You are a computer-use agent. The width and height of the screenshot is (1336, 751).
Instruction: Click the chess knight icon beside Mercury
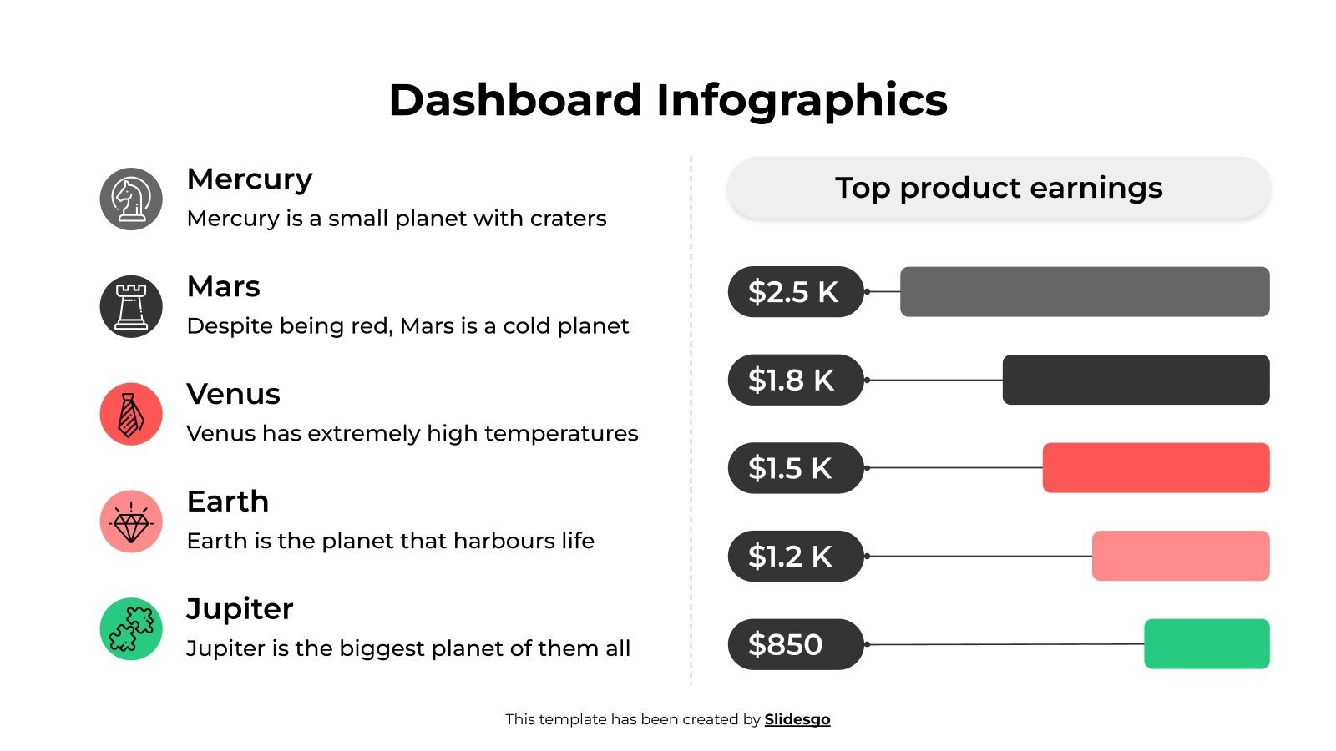131,199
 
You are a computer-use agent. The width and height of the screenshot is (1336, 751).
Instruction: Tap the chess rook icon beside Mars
131,306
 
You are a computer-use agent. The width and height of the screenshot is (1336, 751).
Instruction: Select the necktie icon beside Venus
131,414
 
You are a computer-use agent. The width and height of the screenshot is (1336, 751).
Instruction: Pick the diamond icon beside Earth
131,522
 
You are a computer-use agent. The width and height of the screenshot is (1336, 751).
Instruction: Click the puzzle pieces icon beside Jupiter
131,629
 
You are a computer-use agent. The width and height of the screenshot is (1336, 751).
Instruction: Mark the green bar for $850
1207,644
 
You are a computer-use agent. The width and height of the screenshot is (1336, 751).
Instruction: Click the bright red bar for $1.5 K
1156,468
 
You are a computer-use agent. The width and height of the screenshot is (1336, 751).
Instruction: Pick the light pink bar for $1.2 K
1181,557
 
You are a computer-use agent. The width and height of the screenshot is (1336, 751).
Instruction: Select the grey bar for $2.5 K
1085,292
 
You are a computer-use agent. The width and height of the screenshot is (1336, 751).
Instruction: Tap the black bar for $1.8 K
1136,381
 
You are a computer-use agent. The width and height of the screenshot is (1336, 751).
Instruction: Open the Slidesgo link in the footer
797,719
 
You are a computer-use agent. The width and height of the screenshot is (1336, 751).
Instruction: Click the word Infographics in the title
802,101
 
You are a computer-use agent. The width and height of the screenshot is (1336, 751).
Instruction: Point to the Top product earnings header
999,189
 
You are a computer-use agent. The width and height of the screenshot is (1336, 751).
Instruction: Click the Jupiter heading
240,609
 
